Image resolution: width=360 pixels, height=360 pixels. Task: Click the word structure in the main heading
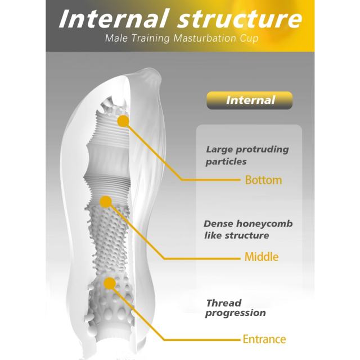click(240, 19)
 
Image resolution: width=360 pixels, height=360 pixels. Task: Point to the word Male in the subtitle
click(116, 38)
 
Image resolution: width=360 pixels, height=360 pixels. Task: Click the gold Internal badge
click(250, 100)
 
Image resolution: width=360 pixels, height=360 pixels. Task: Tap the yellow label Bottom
click(264, 180)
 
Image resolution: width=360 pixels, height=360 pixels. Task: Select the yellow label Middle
click(262, 256)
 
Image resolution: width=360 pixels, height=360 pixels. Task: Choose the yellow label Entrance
click(264, 339)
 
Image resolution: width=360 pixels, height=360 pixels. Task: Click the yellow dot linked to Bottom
click(123, 121)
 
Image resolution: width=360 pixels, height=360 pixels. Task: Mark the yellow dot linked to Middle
click(106, 202)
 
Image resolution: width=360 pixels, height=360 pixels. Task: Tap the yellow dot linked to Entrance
click(110, 283)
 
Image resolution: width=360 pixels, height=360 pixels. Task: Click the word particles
click(226, 161)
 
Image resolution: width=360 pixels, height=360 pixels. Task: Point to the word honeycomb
click(264, 224)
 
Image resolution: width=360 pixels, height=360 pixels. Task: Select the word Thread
click(224, 303)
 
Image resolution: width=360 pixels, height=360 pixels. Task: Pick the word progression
click(236, 313)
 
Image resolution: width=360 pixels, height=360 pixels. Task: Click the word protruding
click(263, 150)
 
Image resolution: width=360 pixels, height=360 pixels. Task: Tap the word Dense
click(218, 224)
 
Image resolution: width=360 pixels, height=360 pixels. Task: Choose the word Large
click(220, 150)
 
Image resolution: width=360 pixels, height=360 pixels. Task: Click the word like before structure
click(213, 235)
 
